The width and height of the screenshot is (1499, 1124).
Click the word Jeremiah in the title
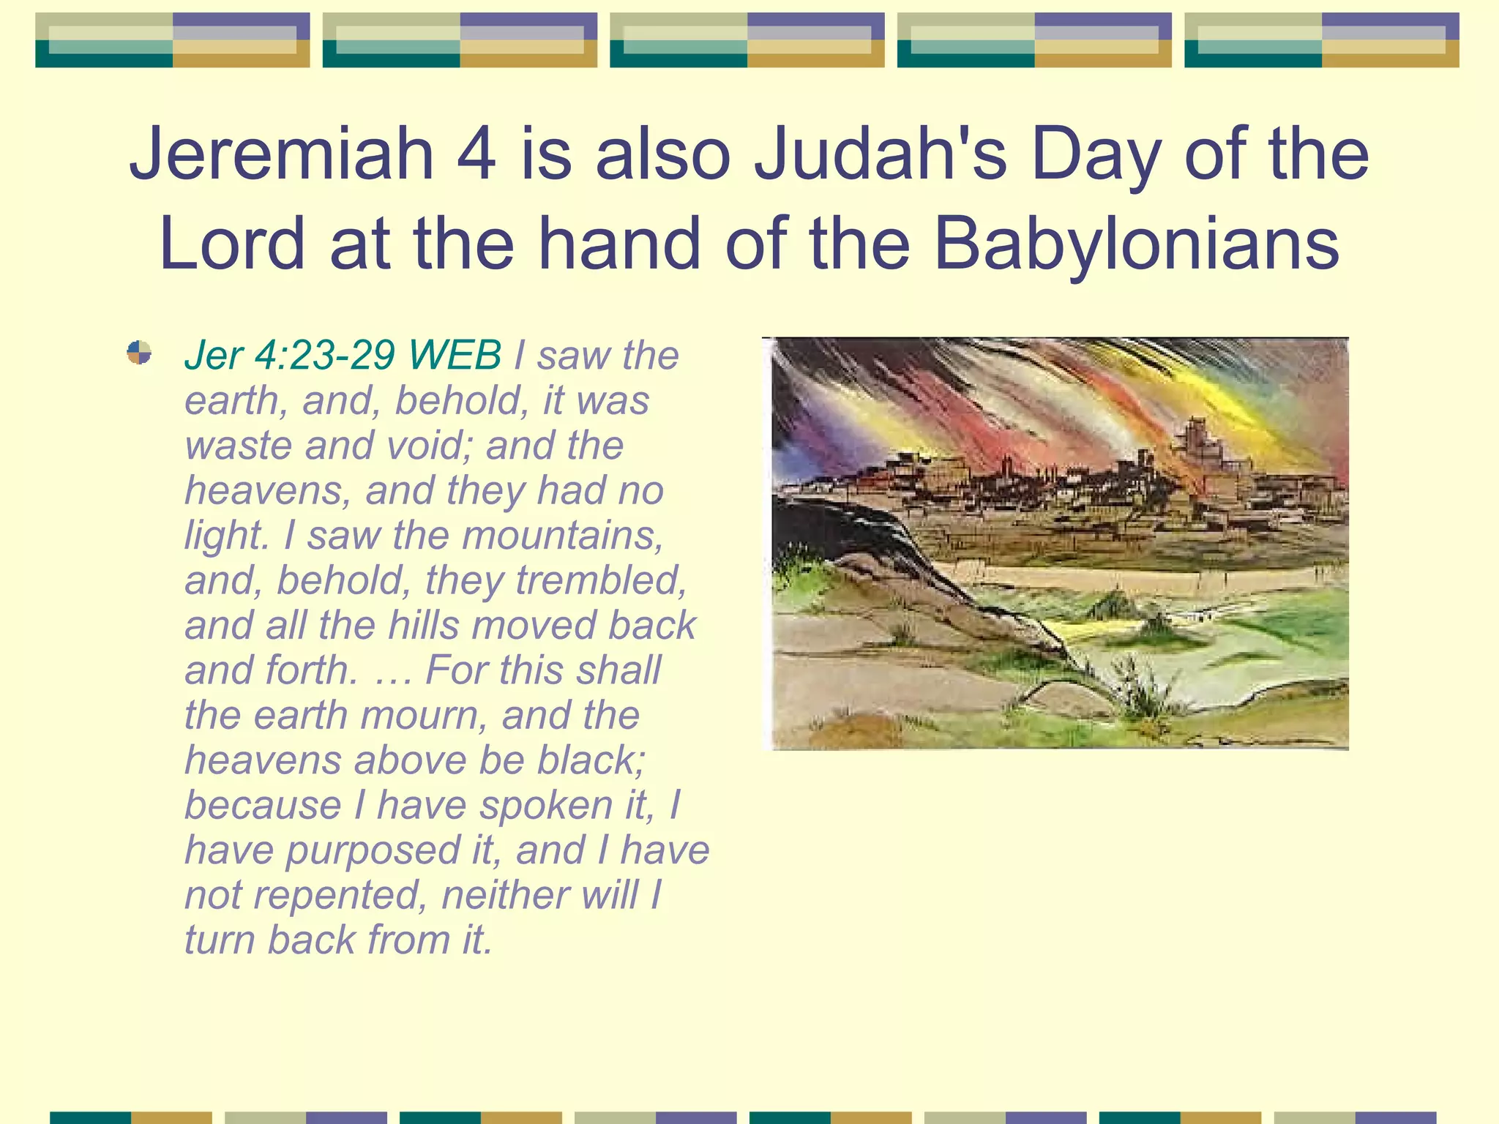tap(282, 154)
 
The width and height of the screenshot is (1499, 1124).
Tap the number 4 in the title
tap(476, 154)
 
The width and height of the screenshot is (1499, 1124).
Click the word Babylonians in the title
tap(1137, 244)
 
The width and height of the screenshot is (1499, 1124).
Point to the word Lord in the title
tap(231, 244)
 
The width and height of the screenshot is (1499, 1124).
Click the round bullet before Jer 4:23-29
tap(139, 353)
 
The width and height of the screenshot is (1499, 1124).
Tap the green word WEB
tap(455, 356)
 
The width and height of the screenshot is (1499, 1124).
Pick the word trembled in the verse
tap(601, 580)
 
